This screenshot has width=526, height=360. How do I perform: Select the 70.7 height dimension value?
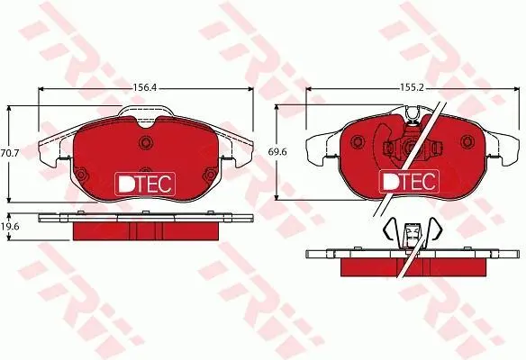tap(10, 153)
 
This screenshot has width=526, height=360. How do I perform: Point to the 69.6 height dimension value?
tap(277, 152)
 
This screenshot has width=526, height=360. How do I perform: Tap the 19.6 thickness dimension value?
tap(9, 227)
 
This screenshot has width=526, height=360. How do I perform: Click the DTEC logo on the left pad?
tap(145, 184)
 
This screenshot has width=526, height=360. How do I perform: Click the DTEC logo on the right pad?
tap(409, 181)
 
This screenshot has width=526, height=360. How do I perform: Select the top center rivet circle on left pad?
tap(146, 142)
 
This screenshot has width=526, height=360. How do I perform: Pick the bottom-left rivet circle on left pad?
tap(81, 175)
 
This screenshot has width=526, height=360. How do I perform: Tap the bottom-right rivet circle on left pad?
tap(210, 175)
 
